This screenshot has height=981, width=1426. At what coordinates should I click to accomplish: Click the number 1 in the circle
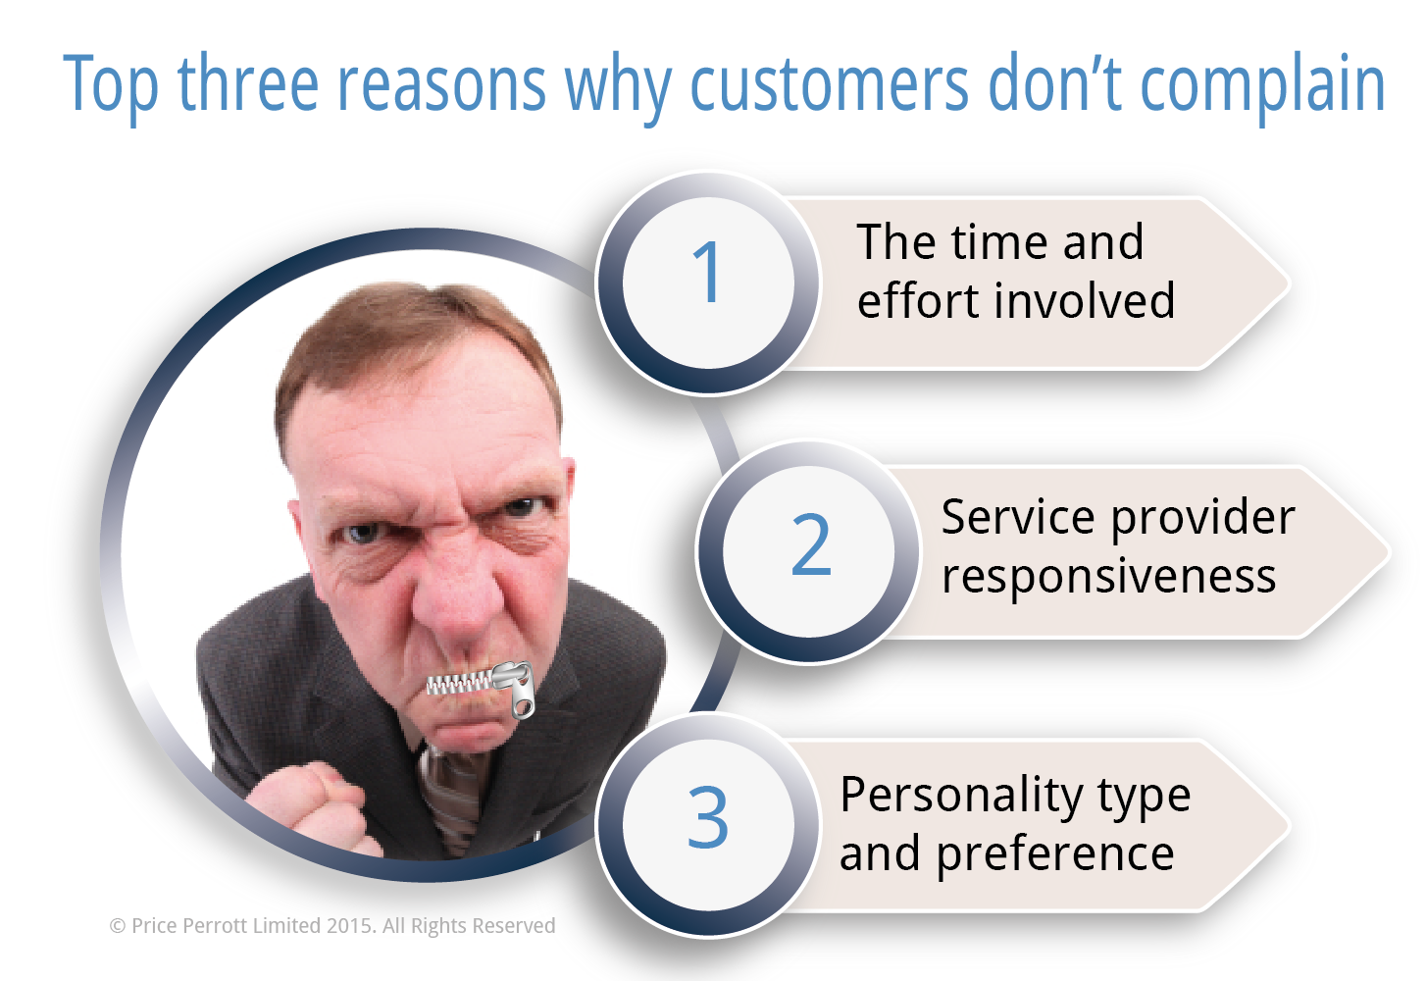coord(707,272)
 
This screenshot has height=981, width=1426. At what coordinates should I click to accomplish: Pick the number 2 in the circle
coord(811,544)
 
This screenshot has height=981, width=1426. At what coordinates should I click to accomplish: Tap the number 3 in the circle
coord(708,817)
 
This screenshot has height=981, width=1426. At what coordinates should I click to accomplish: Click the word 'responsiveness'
coord(1108,578)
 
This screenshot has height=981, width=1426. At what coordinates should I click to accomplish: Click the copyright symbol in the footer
coord(117,926)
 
